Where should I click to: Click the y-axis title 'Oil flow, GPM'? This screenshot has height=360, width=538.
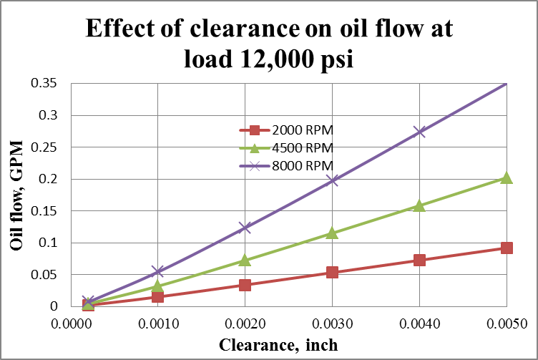coord(16,195)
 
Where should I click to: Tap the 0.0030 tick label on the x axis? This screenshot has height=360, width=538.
coord(332,323)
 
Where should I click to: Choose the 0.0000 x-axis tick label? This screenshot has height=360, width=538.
coord(71,323)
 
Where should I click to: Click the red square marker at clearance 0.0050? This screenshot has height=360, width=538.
coord(507,248)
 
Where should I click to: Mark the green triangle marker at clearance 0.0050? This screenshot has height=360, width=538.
coord(507,177)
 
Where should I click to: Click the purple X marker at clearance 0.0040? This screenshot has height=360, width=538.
coord(419,132)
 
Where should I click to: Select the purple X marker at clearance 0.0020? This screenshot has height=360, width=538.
coord(245,228)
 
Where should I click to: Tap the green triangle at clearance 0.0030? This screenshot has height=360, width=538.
coord(332,233)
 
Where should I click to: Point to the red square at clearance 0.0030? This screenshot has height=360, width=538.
coord(332,272)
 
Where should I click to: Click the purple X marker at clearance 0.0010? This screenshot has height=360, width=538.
coord(157,271)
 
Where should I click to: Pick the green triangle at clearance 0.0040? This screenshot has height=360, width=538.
coord(419,206)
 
